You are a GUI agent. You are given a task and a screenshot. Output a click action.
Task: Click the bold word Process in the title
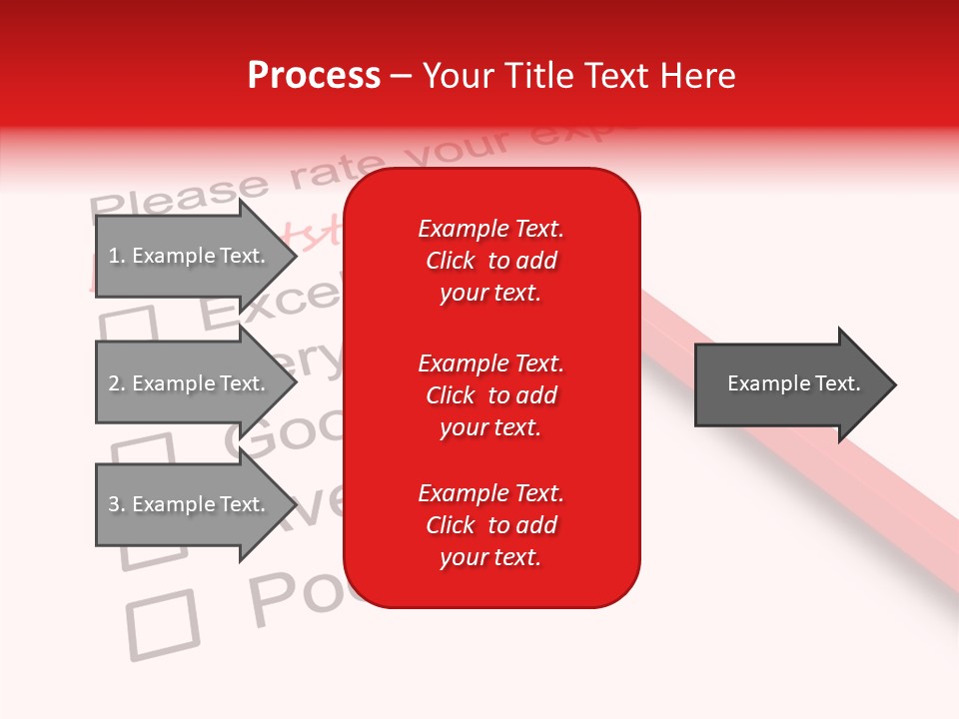(x=314, y=75)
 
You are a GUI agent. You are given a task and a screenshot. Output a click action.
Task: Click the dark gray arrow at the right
(x=789, y=383)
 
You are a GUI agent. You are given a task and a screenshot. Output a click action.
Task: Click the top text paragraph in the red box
(x=490, y=261)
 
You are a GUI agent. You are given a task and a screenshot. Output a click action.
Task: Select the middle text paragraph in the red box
(x=490, y=395)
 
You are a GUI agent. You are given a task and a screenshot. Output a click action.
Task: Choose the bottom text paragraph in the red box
(x=490, y=525)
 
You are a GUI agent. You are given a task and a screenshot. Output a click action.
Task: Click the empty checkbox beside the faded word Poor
(x=163, y=624)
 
